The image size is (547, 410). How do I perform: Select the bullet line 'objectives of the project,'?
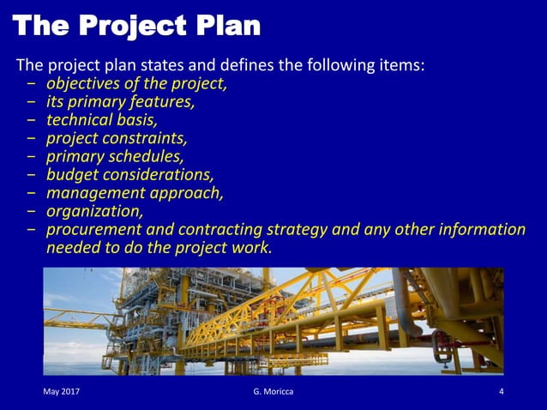tap(136, 84)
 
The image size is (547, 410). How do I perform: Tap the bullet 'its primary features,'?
tap(120, 102)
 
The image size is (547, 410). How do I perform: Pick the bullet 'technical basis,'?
tap(101, 120)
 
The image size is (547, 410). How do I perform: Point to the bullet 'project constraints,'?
tap(117, 138)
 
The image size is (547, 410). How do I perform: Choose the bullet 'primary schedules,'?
tap(115, 156)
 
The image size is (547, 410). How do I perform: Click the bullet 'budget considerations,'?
tap(129, 174)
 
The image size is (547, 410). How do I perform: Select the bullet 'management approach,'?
tap(135, 192)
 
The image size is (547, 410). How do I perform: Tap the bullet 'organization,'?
tap(94, 210)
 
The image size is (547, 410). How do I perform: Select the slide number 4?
tap(501, 391)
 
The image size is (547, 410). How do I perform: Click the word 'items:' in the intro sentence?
tap(400, 65)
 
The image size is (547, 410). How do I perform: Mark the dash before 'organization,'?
tap(31, 211)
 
